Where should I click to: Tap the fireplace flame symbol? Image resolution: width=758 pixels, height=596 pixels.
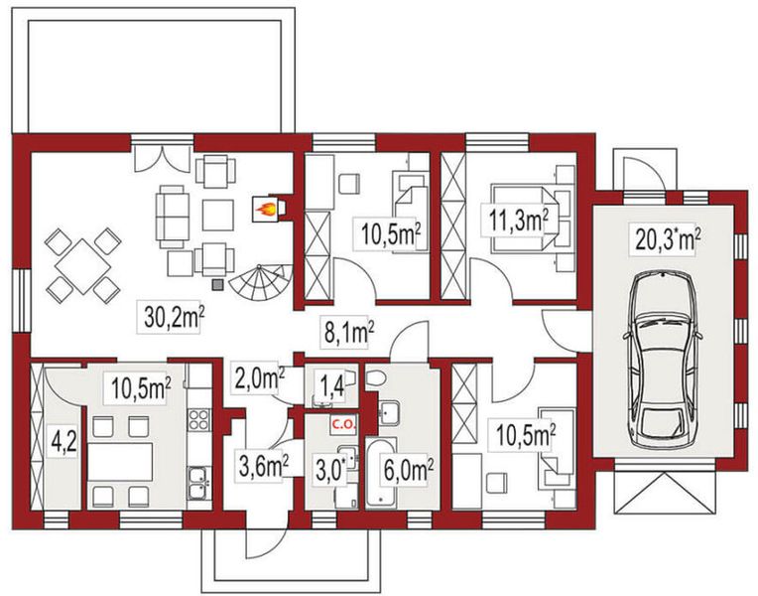coord(267,209)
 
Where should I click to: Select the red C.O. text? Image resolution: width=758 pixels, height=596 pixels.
coord(342,425)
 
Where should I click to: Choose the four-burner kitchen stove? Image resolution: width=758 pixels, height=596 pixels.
coord(198,420)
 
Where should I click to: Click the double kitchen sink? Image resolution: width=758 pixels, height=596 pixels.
coord(199,482)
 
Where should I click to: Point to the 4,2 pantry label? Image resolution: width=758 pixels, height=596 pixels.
coord(63,443)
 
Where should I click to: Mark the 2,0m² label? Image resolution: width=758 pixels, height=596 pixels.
coord(259,378)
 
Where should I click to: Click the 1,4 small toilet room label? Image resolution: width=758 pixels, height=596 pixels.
coord(332,385)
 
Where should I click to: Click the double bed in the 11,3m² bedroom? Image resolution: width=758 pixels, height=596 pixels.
coord(526,219)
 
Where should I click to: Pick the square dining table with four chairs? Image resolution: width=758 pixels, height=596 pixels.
coord(82,266)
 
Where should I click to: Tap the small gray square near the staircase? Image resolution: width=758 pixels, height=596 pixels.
coord(219,285)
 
